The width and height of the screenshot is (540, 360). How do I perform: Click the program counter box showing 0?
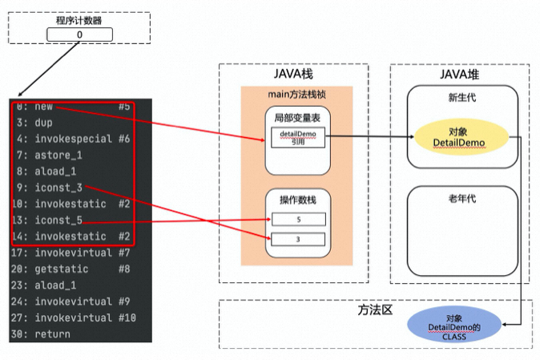(x=79, y=35)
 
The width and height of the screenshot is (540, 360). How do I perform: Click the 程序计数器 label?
(x=79, y=21)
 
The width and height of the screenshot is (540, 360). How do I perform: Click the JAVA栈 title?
(x=293, y=74)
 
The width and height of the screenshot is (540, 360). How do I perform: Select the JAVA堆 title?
(x=460, y=74)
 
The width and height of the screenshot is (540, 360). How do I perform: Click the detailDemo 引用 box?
(x=296, y=137)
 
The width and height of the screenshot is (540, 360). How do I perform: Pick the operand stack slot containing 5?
(x=297, y=218)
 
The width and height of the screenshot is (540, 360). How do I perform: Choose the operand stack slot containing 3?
(x=297, y=239)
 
